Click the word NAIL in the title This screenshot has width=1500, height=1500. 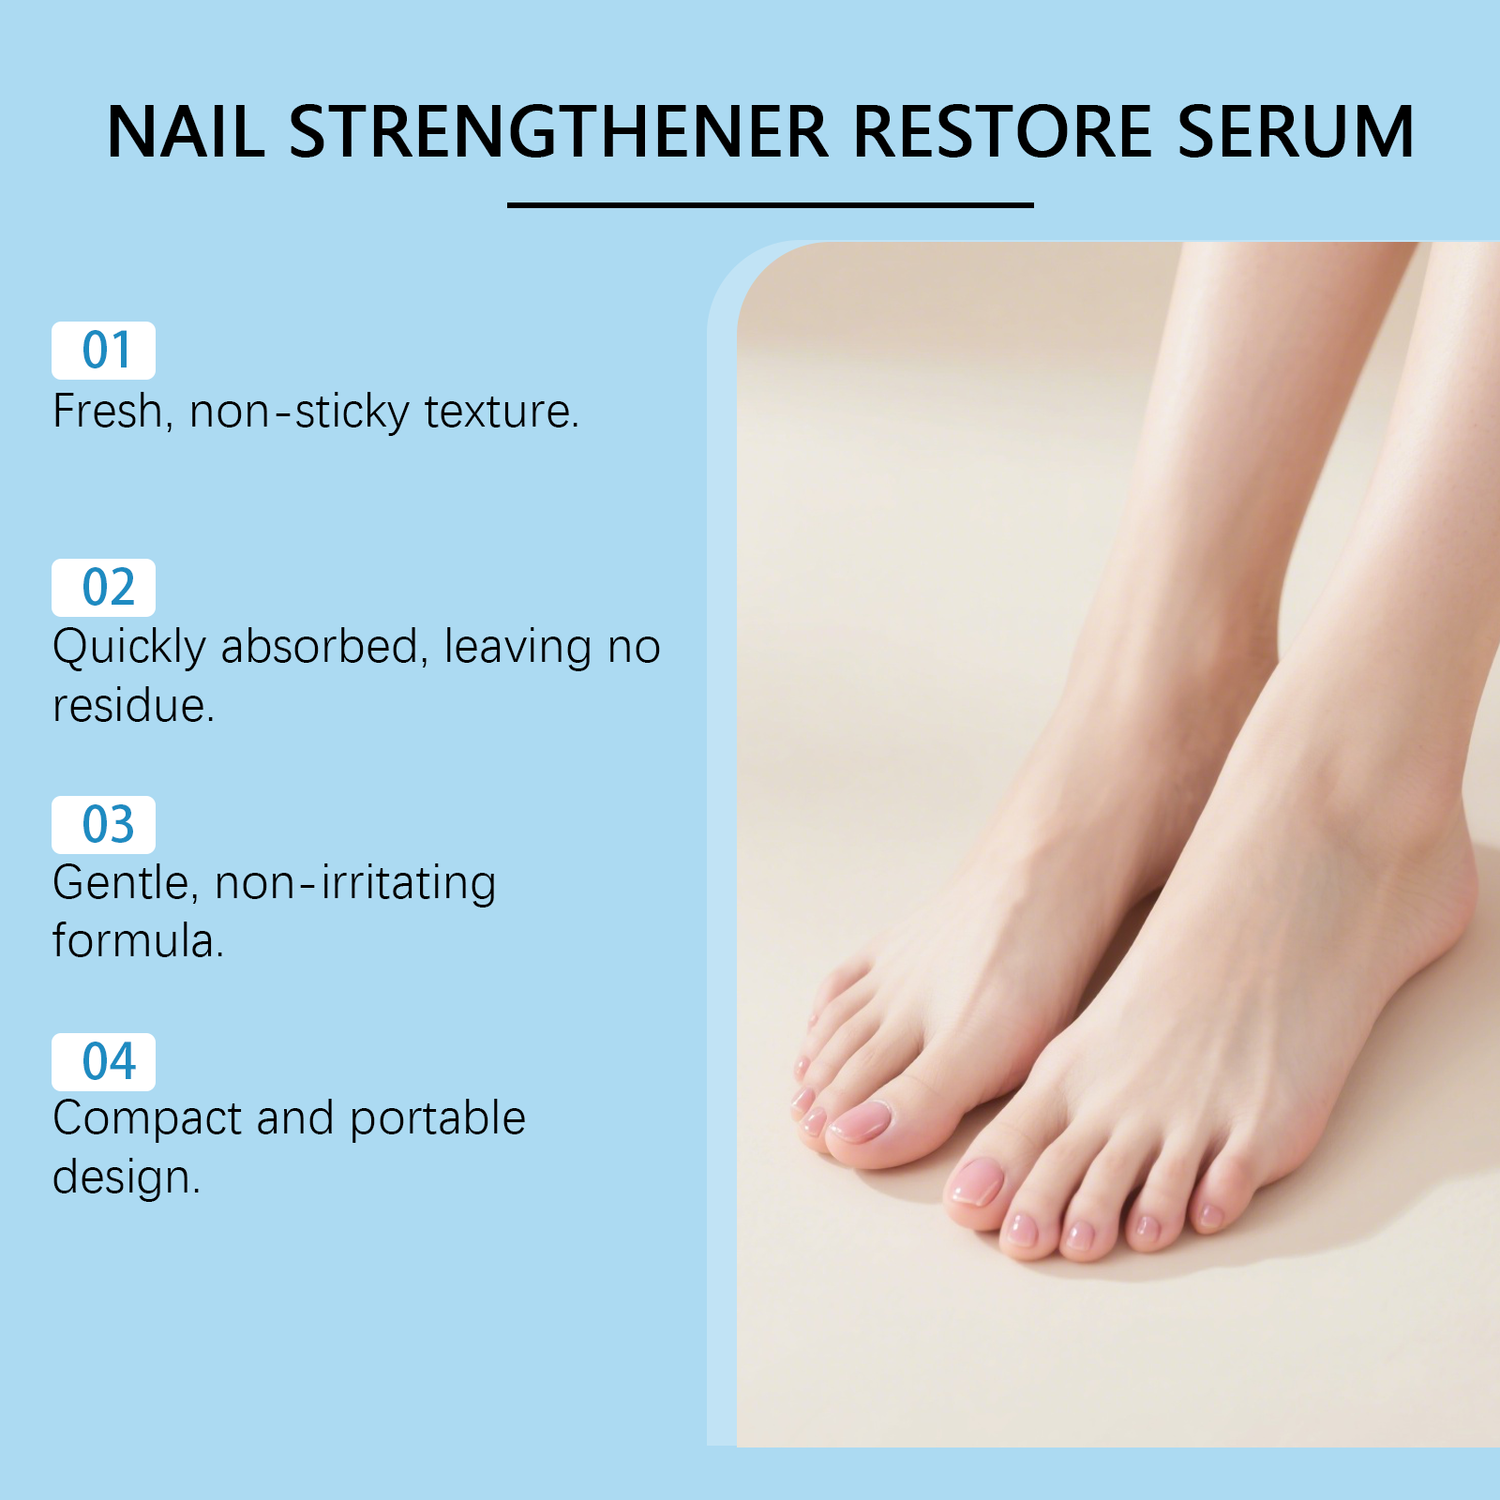(186, 131)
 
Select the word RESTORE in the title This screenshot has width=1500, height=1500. (1002, 131)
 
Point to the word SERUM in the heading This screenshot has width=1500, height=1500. (1295, 131)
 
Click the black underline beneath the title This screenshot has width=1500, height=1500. (770, 204)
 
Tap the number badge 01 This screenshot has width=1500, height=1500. (103, 351)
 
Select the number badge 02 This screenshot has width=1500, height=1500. (103, 588)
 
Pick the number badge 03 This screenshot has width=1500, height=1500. (103, 825)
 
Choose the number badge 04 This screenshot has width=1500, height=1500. (103, 1062)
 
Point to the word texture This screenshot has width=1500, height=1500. (502, 412)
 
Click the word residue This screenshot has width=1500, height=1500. (133, 705)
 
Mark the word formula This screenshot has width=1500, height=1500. (138, 940)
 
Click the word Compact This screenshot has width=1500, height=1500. (147, 1119)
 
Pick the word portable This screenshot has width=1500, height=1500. (438, 1119)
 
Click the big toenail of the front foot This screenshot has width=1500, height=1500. (977, 1181)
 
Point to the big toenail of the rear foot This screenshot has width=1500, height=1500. (861, 1120)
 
